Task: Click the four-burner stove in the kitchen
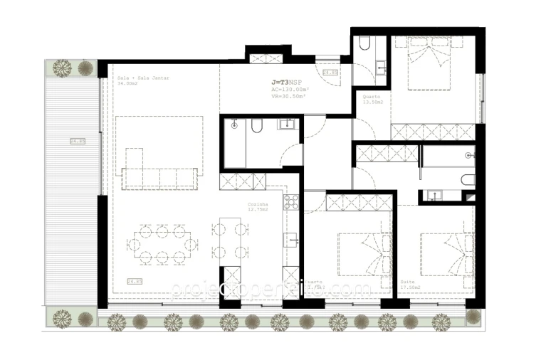291,202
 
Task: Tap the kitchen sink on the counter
291,239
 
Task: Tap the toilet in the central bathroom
258,127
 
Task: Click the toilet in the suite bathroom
468,179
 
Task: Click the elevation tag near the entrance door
330,73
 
